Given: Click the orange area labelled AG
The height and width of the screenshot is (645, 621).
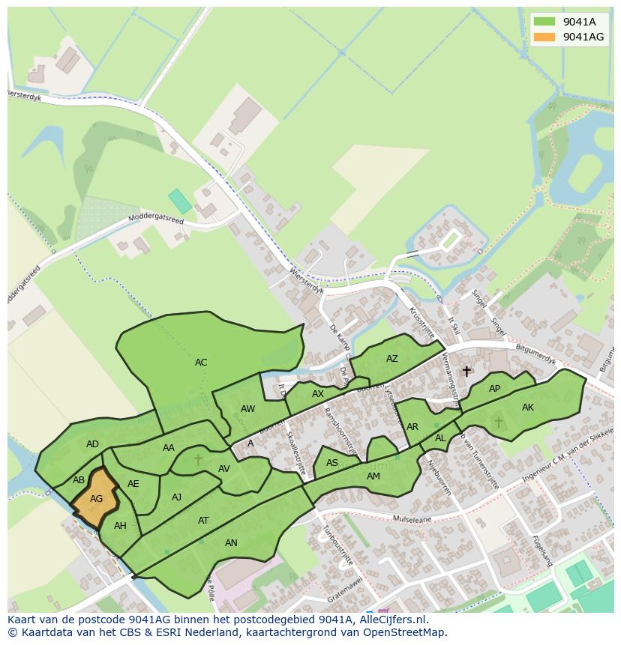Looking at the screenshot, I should pyautogui.click(x=96, y=498).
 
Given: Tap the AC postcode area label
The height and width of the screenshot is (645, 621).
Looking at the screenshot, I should pyautogui.click(x=201, y=363).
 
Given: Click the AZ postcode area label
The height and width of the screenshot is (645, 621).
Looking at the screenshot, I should pyautogui.click(x=391, y=359).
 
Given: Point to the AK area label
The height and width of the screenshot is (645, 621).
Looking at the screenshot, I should pyautogui.click(x=528, y=408).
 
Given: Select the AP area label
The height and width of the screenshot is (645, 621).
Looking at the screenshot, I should pyautogui.click(x=494, y=389).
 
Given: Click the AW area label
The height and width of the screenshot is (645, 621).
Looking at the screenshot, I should pyautogui.click(x=248, y=409).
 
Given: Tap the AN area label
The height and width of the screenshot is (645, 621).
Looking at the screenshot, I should pyautogui.click(x=231, y=543).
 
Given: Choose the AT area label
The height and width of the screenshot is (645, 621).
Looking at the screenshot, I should pyautogui.click(x=203, y=521).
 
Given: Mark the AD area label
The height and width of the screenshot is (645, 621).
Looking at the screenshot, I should pyautogui.click(x=92, y=444).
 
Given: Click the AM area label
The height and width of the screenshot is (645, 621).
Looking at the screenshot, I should pyautogui.click(x=373, y=476).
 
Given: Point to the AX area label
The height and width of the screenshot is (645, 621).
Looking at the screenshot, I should pyautogui.click(x=318, y=394).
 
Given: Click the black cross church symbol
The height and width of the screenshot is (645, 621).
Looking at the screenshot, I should pyautogui.click(x=466, y=371).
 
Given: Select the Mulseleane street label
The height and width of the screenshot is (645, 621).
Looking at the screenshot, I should pyautogui.click(x=414, y=518).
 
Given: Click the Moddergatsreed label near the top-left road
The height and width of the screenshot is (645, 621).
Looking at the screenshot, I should pyautogui.click(x=156, y=218).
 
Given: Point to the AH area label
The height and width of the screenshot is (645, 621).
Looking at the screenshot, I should pyautogui.click(x=120, y=526).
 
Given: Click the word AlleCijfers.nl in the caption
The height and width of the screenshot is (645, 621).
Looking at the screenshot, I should pyautogui.click(x=392, y=620).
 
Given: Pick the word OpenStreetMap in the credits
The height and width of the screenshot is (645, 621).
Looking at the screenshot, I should pyautogui.click(x=402, y=632).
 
